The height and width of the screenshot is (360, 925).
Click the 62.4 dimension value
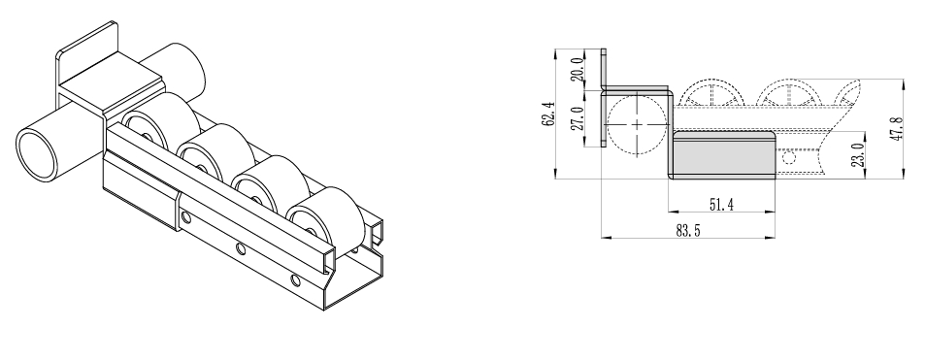pos(548,114)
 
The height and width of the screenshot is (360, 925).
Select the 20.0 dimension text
pos(578,69)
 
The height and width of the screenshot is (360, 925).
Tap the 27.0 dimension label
pos(578,118)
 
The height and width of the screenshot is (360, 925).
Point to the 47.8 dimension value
pos(897,128)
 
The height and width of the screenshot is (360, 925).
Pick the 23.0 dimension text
pos(858,154)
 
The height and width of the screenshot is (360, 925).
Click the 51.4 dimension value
pos(721,205)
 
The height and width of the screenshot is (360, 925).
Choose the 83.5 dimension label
pos(688,231)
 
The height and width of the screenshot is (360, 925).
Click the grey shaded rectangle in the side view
pos(724,158)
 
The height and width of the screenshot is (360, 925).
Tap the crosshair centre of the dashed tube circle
pos(638,124)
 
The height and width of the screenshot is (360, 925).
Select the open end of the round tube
pos(37,156)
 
